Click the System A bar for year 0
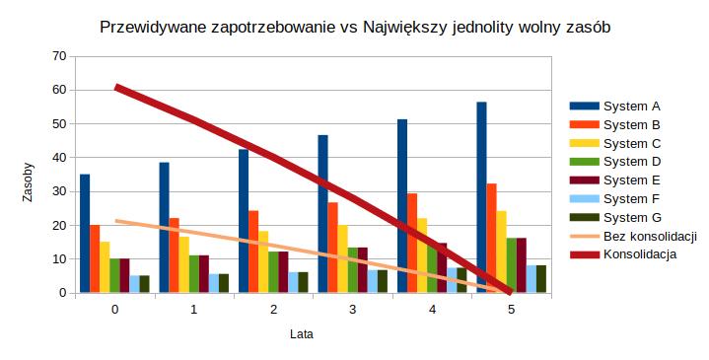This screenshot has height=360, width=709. [85, 234]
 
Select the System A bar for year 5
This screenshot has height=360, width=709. [481, 197]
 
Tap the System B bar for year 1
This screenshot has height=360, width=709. [174, 255]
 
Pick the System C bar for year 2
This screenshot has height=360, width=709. [263, 261]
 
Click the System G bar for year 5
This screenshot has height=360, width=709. [540, 279]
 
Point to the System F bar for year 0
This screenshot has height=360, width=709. [134, 284]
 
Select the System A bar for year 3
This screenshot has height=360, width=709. [322, 214]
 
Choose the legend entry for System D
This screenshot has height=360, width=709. [630, 162]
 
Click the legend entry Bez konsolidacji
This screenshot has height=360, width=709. [650, 237]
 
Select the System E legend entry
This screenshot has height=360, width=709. [630, 180]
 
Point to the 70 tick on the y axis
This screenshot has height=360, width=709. [59, 56]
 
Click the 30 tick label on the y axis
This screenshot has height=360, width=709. [59, 191]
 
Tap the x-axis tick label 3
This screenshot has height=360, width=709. [352, 310]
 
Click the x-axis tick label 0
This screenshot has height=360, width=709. [114, 310]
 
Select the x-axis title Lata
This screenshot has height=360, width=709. [302, 333]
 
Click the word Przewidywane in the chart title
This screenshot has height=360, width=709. [154, 29]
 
